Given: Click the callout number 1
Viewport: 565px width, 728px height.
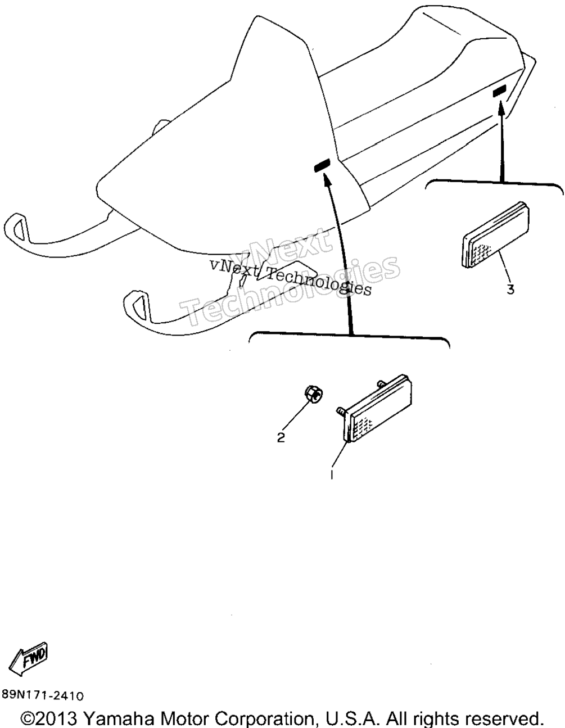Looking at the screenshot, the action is [x=332, y=475].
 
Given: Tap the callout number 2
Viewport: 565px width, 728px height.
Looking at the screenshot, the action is [x=281, y=437].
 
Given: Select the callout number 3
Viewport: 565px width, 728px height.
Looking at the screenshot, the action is [x=510, y=290].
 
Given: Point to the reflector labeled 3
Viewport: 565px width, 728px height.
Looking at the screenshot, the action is [x=496, y=234].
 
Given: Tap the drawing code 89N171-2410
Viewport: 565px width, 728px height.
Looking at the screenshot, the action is [x=42, y=695].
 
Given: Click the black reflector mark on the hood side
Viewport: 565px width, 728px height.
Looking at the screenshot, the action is [x=322, y=165].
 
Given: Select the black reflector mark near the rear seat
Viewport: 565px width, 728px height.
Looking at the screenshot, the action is [x=500, y=91].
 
